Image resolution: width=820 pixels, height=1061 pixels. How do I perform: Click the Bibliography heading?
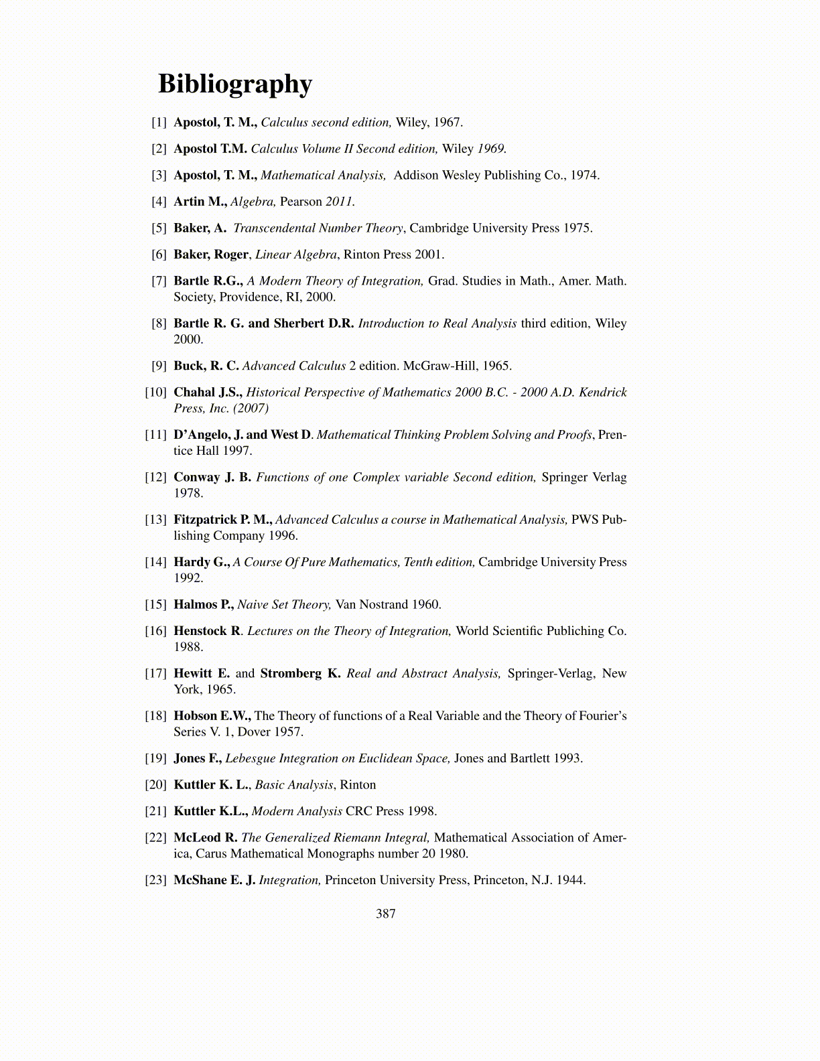[x=235, y=84]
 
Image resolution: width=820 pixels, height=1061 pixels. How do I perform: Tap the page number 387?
[x=386, y=914]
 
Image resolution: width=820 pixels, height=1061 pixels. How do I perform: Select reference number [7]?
[x=159, y=281]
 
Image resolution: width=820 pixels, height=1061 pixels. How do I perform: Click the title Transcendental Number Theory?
[x=318, y=228]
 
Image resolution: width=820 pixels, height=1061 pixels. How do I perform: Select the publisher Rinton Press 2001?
[x=393, y=255]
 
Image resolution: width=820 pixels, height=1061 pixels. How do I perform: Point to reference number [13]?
[x=156, y=520]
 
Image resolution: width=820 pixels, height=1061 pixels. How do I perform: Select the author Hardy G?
[x=202, y=563]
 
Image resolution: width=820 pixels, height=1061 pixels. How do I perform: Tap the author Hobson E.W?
[x=212, y=716]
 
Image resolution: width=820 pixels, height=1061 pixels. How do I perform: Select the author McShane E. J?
[x=214, y=880]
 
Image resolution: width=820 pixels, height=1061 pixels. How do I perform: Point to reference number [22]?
[x=156, y=838]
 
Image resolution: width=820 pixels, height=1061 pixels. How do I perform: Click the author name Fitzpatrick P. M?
[x=222, y=520]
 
